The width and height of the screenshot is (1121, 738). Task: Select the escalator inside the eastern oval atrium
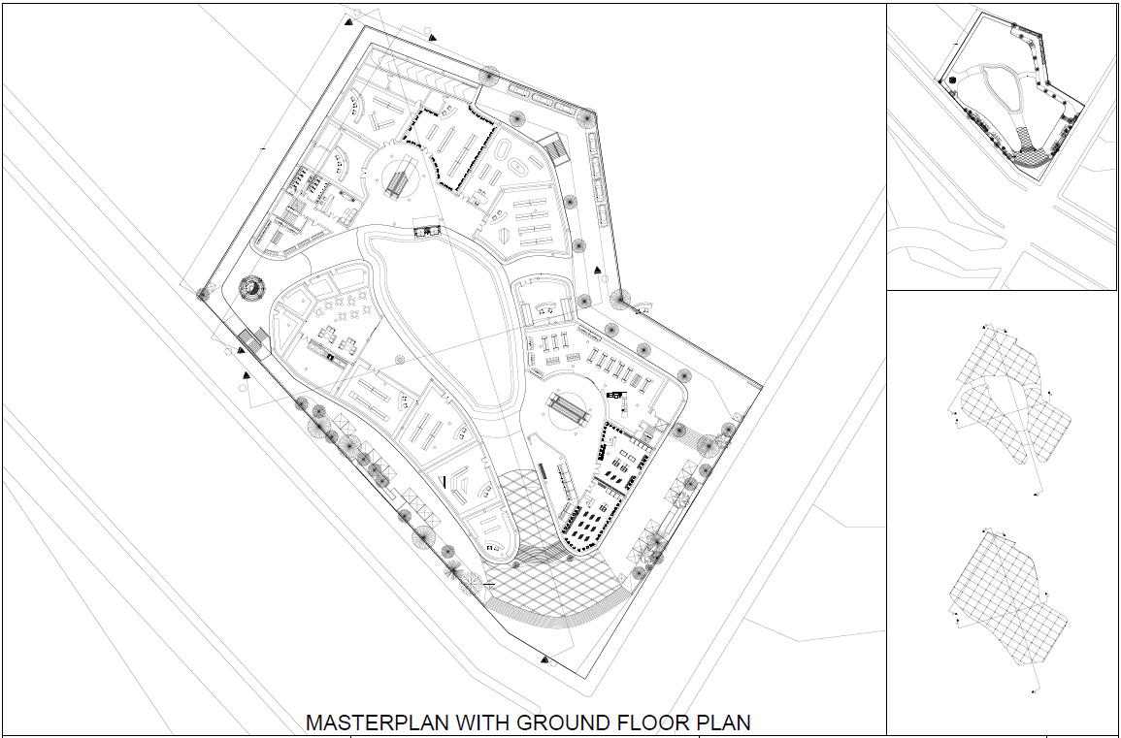pos(567,408)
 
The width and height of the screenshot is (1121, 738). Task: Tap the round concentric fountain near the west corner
pos(250,287)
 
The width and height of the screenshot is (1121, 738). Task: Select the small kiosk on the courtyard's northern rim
pos(427,230)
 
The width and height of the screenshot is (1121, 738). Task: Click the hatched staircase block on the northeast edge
pos(554,148)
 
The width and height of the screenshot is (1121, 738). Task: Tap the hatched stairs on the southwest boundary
pos(251,341)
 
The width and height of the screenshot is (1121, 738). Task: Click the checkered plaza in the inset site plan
pos(1031,146)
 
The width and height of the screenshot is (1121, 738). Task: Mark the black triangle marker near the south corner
pos(544,658)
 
